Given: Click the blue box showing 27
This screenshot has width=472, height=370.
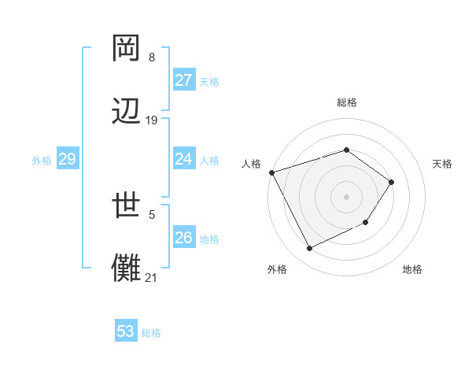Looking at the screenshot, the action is click(x=183, y=80).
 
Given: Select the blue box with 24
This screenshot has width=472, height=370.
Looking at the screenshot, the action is click(x=183, y=159).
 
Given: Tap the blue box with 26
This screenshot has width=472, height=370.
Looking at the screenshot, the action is click(x=183, y=238).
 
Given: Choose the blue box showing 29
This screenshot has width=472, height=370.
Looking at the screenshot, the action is click(x=67, y=159).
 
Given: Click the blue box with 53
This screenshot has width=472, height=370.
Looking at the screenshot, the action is click(x=126, y=331).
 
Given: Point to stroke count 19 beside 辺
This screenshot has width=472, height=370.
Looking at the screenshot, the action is click(x=152, y=120).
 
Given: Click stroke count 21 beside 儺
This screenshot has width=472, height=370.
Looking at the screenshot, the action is click(x=152, y=277).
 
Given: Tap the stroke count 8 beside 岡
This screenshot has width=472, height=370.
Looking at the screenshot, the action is click(x=152, y=57).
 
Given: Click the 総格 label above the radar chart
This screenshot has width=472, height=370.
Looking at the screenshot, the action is click(x=346, y=102).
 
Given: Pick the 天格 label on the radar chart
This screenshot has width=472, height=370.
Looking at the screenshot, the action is click(x=442, y=164).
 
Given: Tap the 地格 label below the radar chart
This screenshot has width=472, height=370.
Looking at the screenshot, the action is click(x=412, y=269).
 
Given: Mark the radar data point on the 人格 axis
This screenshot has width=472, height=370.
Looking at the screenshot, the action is click(x=271, y=172).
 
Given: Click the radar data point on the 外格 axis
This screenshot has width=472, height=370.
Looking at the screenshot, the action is click(x=309, y=249).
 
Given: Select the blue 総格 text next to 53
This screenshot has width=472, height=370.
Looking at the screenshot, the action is click(x=151, y=333).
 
